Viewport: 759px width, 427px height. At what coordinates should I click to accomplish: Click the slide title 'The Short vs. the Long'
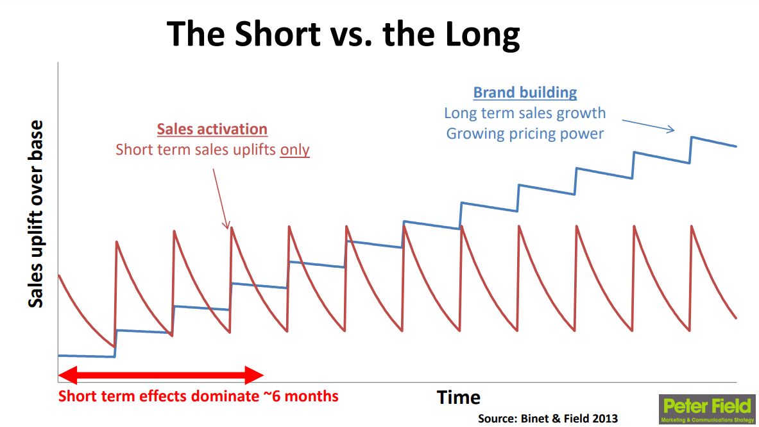point(343,35)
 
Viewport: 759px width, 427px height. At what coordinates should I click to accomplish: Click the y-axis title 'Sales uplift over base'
point(37,214)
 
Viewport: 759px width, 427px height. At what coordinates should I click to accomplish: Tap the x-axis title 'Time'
point(458,397)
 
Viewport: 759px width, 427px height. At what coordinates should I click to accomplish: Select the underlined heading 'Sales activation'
point(212,129)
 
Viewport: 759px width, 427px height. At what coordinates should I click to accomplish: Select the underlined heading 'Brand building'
point(525,92)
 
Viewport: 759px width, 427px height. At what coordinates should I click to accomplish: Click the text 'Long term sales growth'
point(525,114)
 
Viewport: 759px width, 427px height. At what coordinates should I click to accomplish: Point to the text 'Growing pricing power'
point(525,134)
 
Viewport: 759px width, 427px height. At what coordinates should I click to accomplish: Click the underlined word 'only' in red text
point(294,150)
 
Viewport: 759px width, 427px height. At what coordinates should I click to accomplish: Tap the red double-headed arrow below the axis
point(160,375)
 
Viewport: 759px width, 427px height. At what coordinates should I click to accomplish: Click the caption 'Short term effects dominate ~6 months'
point(198,396)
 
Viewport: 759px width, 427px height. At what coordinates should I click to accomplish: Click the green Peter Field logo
point(707,409)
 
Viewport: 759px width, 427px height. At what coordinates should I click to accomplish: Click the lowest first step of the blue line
point(86,356)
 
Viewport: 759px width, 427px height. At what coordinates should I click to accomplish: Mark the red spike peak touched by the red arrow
point(231,227)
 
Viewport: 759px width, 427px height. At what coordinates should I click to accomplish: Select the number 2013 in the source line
point(603,418)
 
